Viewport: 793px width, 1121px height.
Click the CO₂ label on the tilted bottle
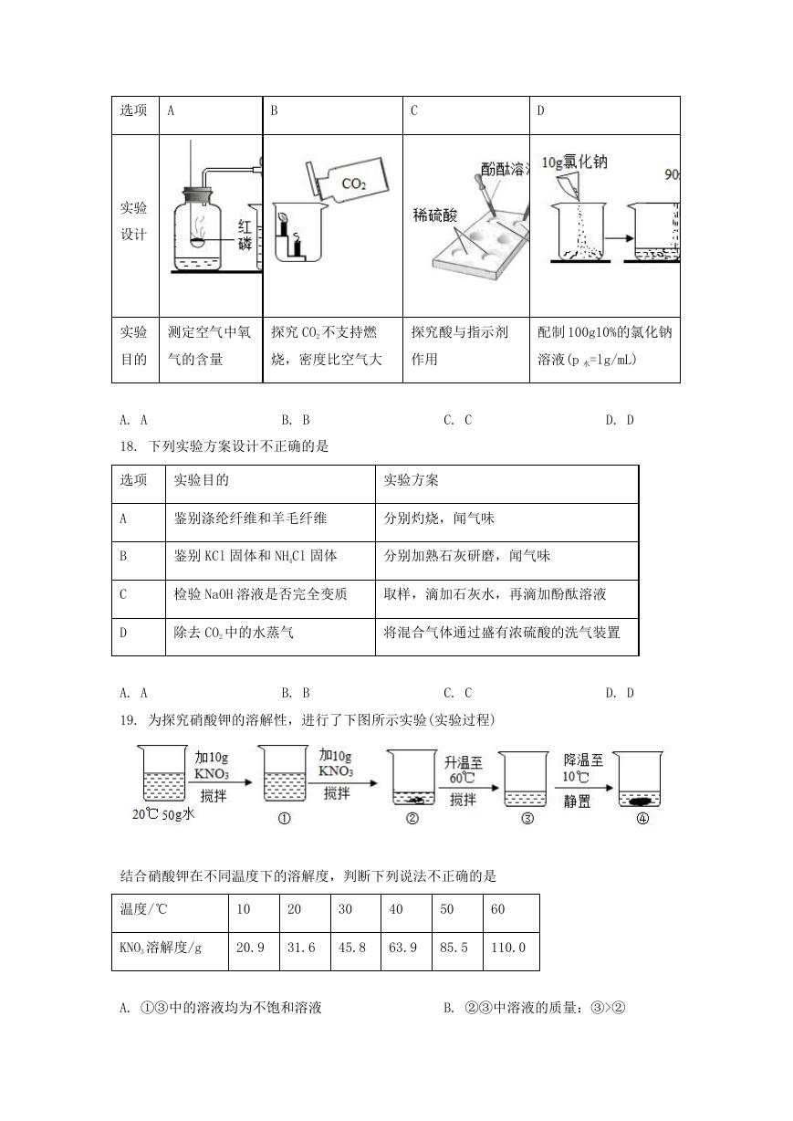coord(354,183)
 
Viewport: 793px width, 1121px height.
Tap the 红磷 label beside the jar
coord(245,235)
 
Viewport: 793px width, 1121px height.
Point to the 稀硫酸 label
coord(434,215)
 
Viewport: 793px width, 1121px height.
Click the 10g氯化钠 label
coord(574,162)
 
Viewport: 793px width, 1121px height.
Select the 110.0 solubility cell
coord(508,947)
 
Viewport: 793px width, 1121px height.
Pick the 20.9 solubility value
coord(250,947)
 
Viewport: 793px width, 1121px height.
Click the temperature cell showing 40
coord(396,909)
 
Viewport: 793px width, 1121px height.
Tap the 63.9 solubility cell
coord(402,947)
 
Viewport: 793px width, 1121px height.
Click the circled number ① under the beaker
coord(284,818)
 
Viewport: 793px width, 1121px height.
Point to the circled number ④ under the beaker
coord(642,818)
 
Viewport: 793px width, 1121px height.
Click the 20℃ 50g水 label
coord(163,814)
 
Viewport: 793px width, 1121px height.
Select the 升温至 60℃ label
coord(463,770)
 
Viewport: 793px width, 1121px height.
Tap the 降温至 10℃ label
coord(583,769)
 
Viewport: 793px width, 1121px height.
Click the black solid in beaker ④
coord(639,801)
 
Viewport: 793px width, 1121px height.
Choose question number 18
coord(128,445)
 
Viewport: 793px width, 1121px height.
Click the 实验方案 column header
coord(411,480)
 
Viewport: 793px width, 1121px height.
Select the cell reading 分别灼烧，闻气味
coord(439,518)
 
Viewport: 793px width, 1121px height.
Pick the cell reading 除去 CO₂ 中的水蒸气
coord(233,633)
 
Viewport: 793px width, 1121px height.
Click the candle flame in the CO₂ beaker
coord(284,216)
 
